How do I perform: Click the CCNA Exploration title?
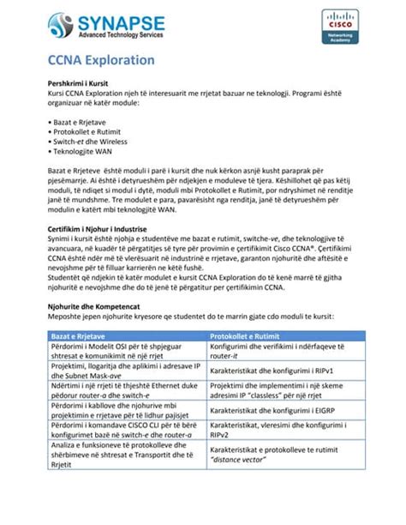pos(100,60)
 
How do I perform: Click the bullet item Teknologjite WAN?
pos(84,157)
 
